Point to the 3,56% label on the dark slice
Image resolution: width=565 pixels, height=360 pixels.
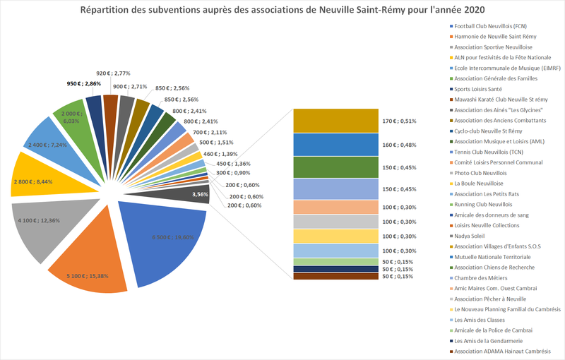[x=200, y=194]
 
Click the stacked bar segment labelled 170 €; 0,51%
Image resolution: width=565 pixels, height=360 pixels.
[x=332, y=121]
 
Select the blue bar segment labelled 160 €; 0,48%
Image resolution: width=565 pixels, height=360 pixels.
[x=332, y=144]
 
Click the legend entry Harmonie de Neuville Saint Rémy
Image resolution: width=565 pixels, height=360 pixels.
[x=485, y=36]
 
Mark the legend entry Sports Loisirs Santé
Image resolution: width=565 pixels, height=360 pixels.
[x=477, y=89]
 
